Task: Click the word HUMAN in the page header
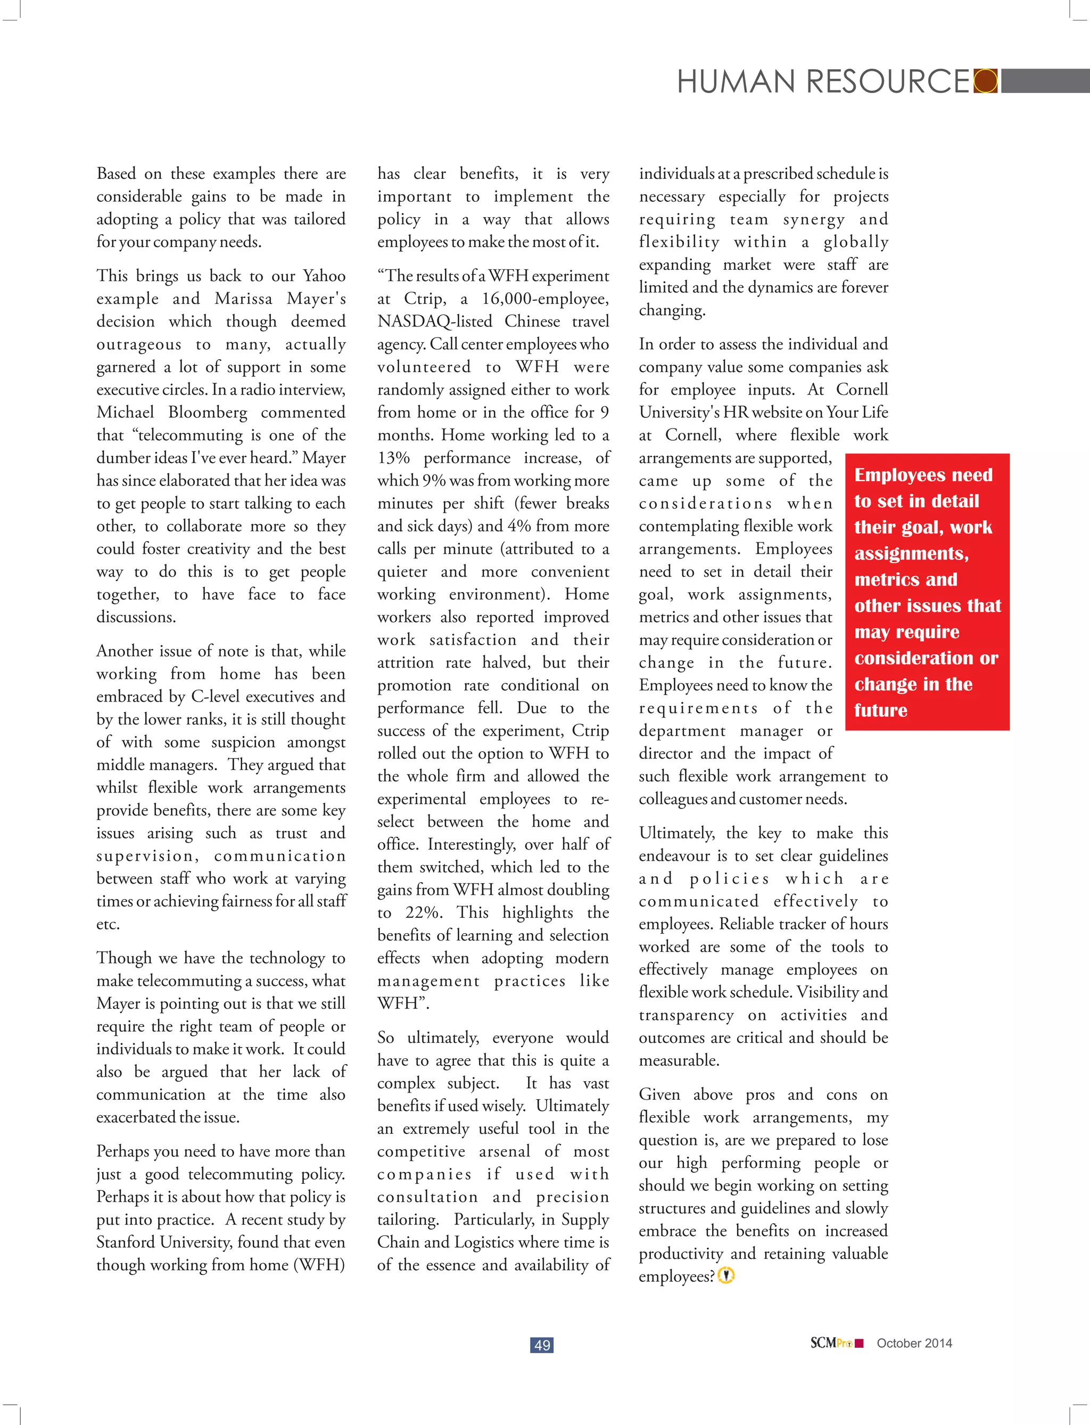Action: pos(736,82)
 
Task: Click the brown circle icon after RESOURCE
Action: pos(986,81)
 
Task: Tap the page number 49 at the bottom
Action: pos(542,1345)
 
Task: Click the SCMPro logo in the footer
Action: pos(836,1343)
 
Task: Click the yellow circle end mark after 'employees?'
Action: pos(726,1276)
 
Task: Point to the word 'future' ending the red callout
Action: pos(880,711)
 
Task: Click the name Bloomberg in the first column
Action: pos(208,413)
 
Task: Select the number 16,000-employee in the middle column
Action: pos(544,299)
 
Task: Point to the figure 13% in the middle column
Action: pos(393,458)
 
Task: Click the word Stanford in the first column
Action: pos(126,1242)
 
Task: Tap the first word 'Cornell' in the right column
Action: pos(862,390)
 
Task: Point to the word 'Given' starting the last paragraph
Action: pos(659,1095)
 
